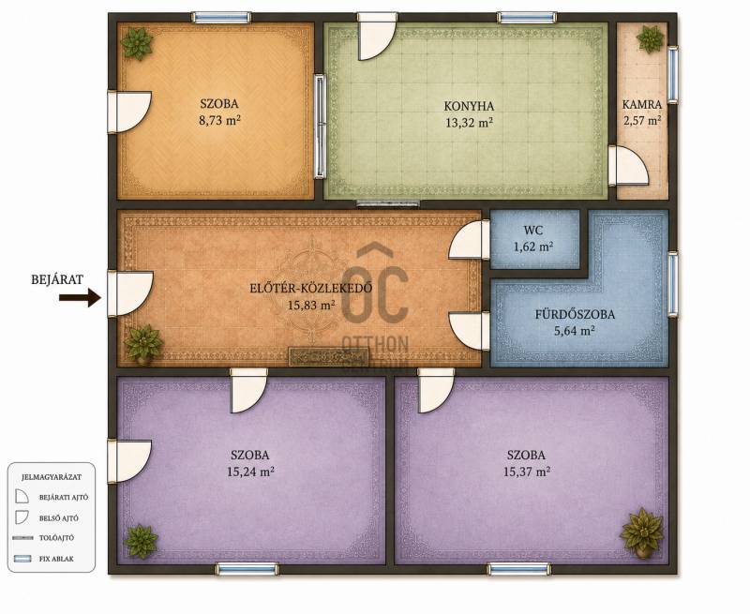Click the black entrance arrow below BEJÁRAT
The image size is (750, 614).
(80, 298)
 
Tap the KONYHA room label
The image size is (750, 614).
(469, 106)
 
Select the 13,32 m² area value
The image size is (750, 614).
(469, 123)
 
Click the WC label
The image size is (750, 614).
(532, 230)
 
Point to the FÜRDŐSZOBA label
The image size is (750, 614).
(575, 314)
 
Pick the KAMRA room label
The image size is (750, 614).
(642, 104)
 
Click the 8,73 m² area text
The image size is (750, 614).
(219, 120)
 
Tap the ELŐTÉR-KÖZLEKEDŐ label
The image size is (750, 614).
(311, 288)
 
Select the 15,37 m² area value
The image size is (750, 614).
(526, 472)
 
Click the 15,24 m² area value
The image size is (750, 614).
(250, 472)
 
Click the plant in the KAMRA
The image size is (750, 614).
(650, 39)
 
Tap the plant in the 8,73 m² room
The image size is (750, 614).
(137, 43)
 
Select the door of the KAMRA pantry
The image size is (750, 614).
(628, 166)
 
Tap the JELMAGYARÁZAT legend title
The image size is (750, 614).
(52, 477)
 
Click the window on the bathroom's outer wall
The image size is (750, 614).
(672, 283)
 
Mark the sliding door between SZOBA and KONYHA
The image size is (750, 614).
(320, 127)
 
